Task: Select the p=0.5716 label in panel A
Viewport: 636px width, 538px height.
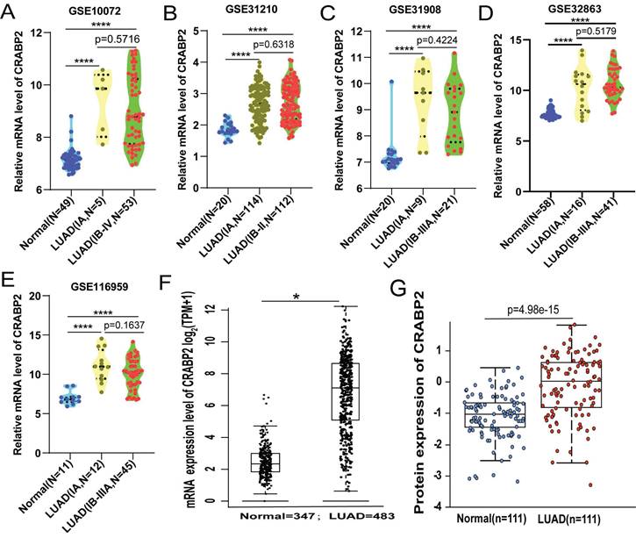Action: [117, 41]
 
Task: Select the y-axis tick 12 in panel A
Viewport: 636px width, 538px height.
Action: [33, 33]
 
